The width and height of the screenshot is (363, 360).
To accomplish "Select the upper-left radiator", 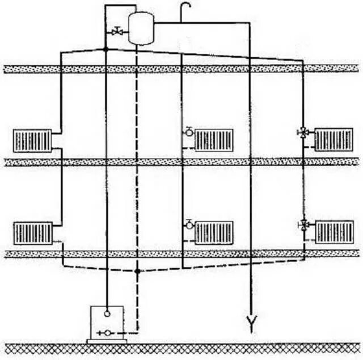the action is tap(32, 140).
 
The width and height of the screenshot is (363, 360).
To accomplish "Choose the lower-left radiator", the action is tap(32, 232).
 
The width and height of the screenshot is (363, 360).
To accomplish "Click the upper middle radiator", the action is tap(214, 139).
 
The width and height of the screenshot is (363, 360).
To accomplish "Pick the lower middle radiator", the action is tap(214, 231).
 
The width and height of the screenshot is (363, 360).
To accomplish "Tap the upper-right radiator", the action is tap(334, 139).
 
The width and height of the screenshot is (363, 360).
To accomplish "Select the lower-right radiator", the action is tap(334, 231).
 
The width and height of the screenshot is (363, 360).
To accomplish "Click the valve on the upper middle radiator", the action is tap(188, 133).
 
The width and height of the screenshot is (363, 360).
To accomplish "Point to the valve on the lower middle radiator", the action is tap(188, 225).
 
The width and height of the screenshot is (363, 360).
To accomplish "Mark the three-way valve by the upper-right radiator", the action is tap(303, 134).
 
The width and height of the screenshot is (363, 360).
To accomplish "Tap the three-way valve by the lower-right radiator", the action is tap(303, 225).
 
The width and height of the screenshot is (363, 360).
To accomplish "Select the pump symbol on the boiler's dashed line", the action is tap(106, 332).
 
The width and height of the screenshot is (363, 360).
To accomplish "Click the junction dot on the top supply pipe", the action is tap(107, 49).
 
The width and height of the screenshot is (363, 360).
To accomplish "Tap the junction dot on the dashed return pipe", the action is tap(137, 271).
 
